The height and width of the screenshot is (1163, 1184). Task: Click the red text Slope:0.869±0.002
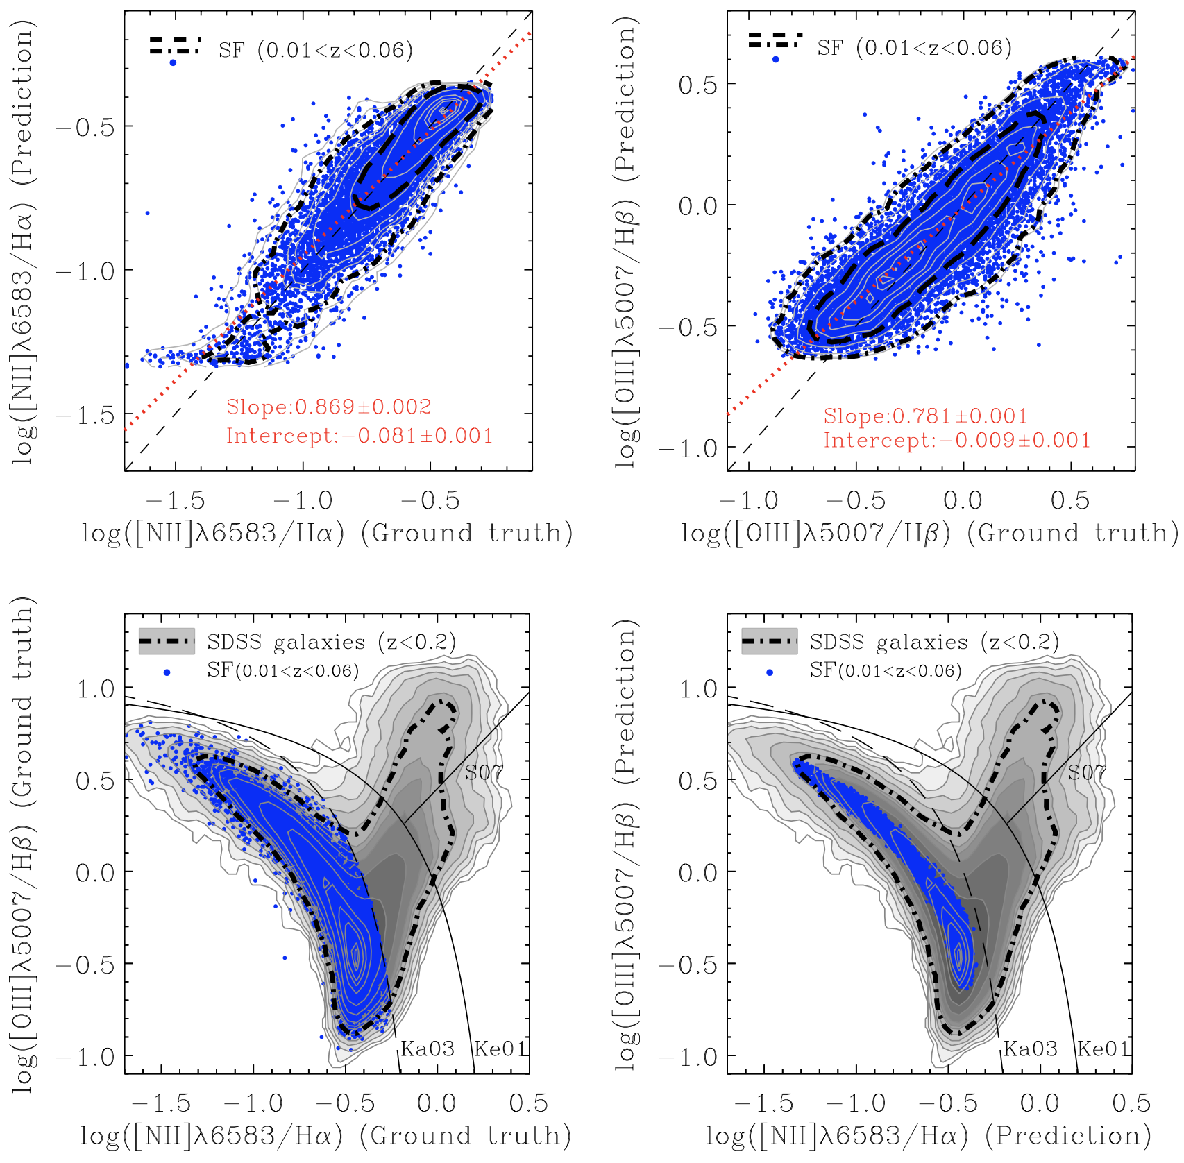coord(328,407)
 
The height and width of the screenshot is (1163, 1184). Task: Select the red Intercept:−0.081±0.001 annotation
coord(359,436)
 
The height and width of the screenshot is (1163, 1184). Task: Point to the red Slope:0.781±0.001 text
coord(925,416)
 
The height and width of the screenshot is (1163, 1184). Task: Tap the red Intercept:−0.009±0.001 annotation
coord(956,440)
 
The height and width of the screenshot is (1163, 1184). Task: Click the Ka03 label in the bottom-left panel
coord(428,1049)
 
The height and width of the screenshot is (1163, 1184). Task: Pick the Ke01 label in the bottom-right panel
coord(1103,1049)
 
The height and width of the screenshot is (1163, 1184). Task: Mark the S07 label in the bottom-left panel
coord(484,772)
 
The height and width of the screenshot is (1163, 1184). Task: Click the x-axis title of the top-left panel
coord(327,533)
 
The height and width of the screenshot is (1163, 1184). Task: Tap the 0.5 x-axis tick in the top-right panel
coord(1069,500)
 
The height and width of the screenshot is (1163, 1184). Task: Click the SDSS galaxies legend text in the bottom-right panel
coord(934,642)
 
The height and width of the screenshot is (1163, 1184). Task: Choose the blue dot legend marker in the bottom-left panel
coord(167,672)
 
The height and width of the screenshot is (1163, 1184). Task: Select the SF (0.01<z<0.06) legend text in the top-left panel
coord(315,50)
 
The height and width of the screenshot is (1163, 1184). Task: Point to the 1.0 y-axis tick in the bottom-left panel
coord(95,689)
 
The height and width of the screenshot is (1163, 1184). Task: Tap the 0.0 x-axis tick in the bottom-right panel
coord(1039,1103)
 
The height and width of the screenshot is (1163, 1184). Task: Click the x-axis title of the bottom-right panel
coord(928,1136)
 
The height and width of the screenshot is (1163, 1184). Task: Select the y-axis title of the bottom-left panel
coord(23,844)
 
